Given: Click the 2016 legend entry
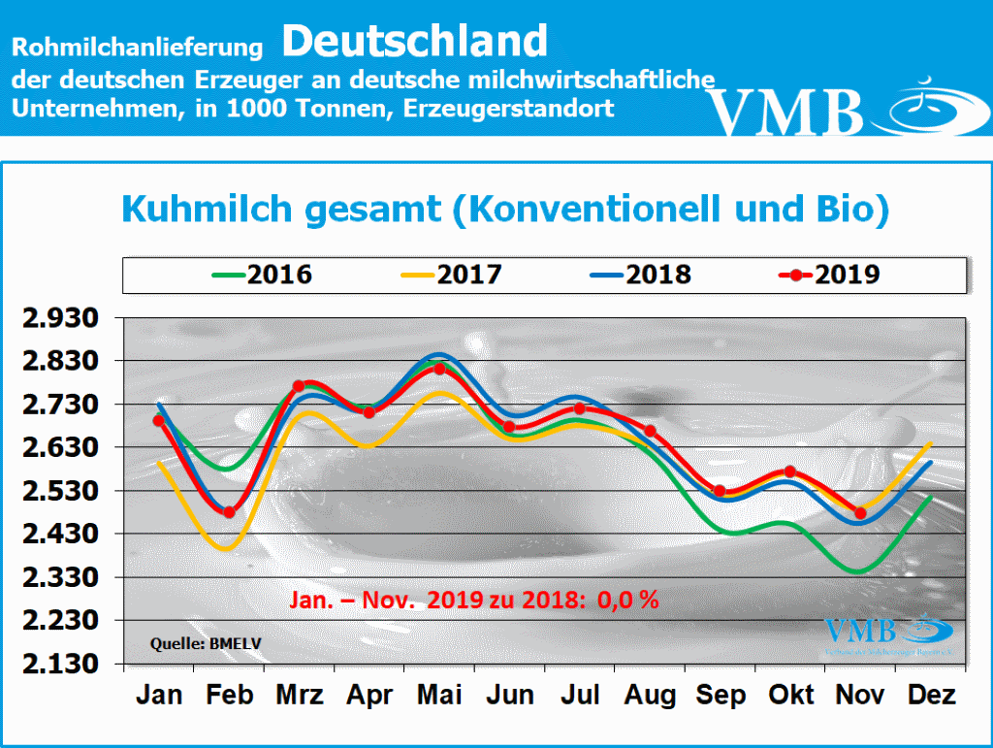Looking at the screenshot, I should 262,275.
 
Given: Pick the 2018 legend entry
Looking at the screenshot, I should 640,275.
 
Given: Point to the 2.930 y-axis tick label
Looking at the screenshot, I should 68,318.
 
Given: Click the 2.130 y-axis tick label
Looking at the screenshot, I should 68,665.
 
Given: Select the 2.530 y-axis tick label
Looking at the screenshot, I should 68,491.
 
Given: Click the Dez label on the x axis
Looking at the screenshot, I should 932,696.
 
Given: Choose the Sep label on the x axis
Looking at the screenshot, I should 721,696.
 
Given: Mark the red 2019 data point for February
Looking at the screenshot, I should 229,512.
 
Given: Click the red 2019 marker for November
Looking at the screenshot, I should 860,513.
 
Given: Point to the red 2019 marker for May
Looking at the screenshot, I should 439,369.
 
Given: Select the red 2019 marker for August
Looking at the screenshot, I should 650,431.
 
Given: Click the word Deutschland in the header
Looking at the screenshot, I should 416,41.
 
